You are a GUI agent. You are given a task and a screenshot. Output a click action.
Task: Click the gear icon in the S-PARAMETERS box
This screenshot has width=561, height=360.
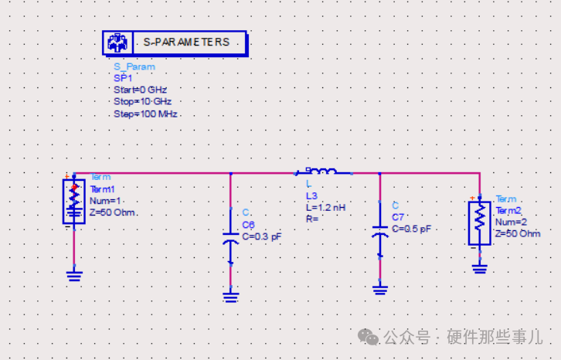coord(117,42)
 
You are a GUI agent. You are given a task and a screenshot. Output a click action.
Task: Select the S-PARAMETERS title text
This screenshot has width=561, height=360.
coord(186,42)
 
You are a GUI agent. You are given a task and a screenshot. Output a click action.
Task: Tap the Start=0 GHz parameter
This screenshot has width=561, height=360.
coord(140,90)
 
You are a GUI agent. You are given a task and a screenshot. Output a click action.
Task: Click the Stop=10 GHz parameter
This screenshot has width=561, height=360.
coord(142,102)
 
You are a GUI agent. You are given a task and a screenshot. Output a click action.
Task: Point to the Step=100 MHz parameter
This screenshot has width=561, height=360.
coord(145,114)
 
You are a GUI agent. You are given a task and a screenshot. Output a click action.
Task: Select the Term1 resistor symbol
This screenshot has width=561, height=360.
coord(74,202)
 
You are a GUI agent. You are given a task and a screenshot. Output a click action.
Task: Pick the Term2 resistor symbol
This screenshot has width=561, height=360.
coord(479,222)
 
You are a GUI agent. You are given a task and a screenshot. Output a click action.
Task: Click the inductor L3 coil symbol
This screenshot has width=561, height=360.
coord(324,172)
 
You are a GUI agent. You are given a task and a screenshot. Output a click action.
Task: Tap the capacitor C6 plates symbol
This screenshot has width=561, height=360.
coord(230,236)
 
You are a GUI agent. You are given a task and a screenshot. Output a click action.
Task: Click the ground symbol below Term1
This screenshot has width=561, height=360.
coord(74,274)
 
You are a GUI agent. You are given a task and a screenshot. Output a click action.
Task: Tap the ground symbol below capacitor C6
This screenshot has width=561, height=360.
coord(230,295)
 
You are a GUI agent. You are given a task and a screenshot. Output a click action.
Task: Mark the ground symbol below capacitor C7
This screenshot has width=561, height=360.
coord(379,290)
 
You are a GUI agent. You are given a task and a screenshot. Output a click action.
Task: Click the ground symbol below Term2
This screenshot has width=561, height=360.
coord(479,269)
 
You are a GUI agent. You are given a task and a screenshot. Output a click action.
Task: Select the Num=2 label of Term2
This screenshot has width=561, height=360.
coord(512,222)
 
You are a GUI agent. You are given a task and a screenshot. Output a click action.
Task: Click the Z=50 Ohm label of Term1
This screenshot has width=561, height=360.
coord(113,212)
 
